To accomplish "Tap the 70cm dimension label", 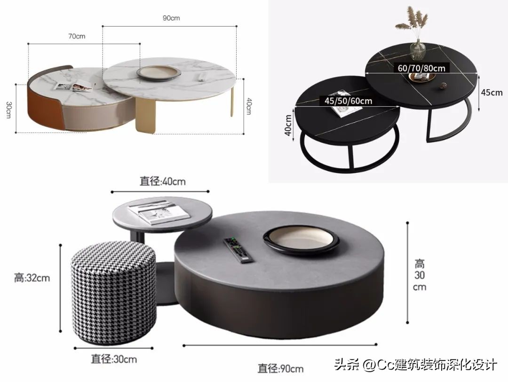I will (77, 36).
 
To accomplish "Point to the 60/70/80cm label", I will (421, 68).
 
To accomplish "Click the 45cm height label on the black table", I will (491, 93).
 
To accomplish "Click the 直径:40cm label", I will (162, 181).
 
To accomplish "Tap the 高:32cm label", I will (32, 278).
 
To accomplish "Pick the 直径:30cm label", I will (114, 359).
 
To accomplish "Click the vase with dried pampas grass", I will (416, 35).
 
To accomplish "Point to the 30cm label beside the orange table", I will (8, 109).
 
